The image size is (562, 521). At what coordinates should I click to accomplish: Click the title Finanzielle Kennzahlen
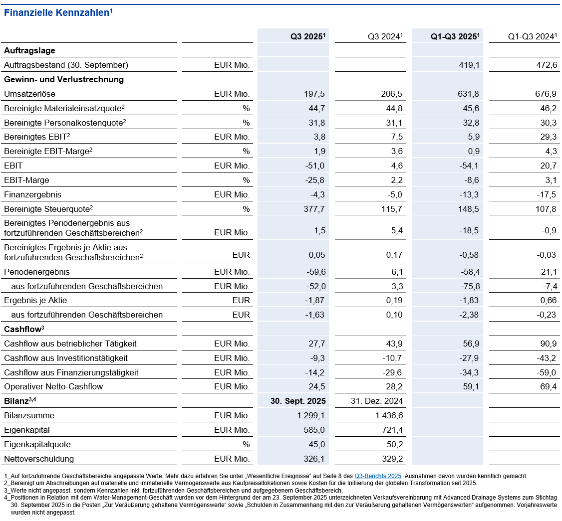(57, 13)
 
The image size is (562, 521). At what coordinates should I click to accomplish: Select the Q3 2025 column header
(308, 36)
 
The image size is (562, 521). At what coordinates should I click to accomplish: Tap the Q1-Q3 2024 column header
(532, 36)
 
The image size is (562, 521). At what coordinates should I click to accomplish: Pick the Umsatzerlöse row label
(29, 94)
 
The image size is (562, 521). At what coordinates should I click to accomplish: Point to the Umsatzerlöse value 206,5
(392, 94)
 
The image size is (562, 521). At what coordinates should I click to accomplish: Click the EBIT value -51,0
(315, 166)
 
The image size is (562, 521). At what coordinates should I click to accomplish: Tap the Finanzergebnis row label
(32, 194)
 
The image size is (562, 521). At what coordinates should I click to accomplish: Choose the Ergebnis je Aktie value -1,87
(315, 300)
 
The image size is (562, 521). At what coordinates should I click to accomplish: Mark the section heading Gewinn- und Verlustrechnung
(64, 79)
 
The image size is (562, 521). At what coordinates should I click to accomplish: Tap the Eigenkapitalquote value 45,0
(316, 444)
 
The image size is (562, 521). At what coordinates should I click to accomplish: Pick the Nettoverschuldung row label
(39, 459)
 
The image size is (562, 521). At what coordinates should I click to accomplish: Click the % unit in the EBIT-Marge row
(246, 180)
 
